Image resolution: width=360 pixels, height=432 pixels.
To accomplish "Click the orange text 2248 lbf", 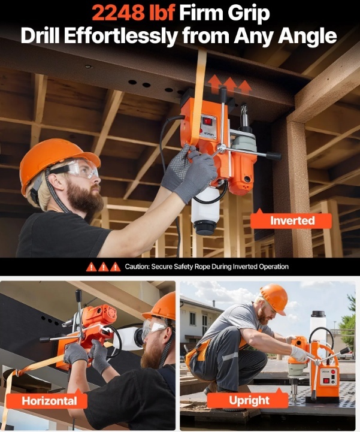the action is (x=134, y=13).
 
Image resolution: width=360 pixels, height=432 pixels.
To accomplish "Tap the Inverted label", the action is (x=292, y=220).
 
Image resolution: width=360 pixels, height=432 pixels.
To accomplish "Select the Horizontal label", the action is (x=49, y=401).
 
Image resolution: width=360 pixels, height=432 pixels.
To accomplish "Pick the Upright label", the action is (x=249, y=400).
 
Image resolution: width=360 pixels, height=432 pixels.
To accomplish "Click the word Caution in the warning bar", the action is (x=137, y=267).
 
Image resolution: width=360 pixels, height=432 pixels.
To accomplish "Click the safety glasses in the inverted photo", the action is (x=79, y=168).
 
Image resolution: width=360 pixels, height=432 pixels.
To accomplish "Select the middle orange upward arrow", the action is (x=229, y=86).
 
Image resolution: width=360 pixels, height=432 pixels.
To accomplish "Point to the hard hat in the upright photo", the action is (x=274, y=298).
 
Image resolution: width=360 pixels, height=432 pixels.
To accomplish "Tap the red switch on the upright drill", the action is (x=326, y=381).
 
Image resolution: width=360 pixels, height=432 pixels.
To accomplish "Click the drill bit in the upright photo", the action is (x=295, y=388).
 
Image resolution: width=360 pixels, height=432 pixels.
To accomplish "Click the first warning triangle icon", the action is (x=91, y=267).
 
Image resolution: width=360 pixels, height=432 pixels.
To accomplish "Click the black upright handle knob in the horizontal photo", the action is (x=78, y=295).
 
